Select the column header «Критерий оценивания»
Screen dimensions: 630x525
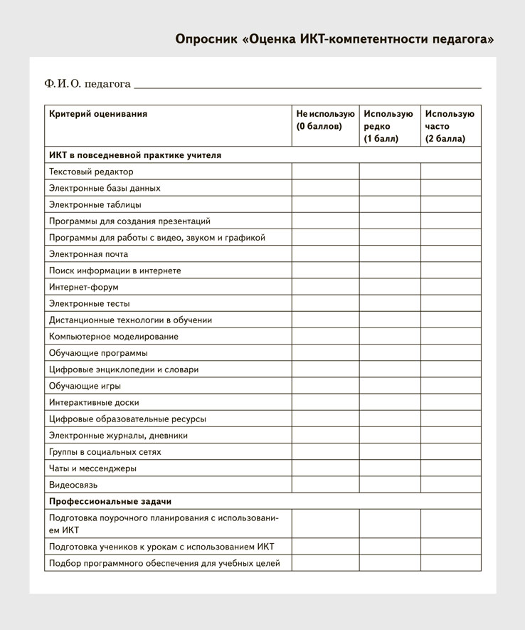(98, 114)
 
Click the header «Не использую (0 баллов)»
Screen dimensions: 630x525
(324, 120)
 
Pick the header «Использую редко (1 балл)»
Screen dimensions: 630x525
(388, 126)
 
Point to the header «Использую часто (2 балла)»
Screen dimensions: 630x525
(450, 126)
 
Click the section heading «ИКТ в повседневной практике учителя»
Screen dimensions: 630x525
(135, 154)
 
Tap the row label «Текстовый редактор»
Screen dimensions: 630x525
(91, 172)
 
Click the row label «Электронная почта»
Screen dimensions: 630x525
(89, 254)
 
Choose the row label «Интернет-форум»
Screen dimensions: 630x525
(84, 287)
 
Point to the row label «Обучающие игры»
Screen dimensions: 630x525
(85, 386)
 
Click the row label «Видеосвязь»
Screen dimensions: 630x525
(73, 485)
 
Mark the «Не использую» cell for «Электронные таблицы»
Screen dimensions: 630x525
(325, 204)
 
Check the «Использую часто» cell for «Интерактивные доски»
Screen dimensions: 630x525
(450, 402)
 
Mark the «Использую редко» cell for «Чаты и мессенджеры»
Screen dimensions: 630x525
(389, 468)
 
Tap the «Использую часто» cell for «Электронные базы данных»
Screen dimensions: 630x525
(450, 188)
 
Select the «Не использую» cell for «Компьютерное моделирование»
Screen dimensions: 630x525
(325, 337)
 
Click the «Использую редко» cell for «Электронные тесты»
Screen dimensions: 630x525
(389, 303)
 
